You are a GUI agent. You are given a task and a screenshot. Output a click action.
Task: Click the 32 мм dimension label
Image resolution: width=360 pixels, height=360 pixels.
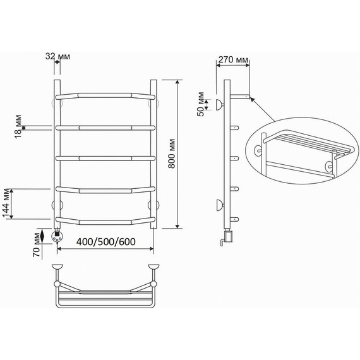[57, 56]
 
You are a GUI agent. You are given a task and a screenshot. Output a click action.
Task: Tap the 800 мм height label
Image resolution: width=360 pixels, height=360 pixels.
[172, 153]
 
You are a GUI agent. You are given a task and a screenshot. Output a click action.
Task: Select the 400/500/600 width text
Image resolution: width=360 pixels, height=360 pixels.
[106, 241]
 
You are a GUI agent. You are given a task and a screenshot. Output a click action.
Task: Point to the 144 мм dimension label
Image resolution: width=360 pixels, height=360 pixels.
[6, 203]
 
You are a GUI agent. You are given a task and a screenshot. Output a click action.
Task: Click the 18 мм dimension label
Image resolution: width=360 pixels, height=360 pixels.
[18, 126]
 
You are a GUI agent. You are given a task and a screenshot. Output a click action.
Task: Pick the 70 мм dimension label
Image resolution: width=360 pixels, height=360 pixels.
[37, 245]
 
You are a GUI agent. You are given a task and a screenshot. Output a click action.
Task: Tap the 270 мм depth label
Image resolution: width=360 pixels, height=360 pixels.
[233, 60]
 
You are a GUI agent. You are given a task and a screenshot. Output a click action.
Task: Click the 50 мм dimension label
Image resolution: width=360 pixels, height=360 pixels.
[200, 104]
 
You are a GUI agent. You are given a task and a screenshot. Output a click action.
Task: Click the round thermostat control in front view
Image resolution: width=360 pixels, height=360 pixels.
[57, 236]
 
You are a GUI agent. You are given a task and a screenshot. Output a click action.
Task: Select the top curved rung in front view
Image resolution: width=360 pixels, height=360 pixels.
[105, 96]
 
